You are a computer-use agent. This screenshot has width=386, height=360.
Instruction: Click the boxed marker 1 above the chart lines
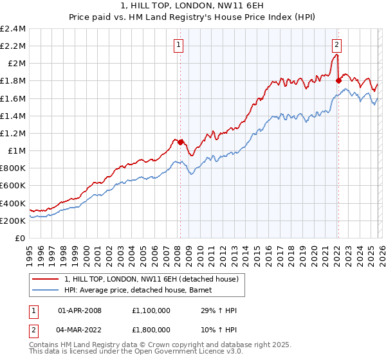[x=178, y=44]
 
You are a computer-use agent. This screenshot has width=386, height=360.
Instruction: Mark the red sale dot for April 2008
[x=180, y=141]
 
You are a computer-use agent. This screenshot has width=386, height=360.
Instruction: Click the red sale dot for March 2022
[x=338, y=80]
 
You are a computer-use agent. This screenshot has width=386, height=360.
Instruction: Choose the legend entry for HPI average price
[x=142, y=291]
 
